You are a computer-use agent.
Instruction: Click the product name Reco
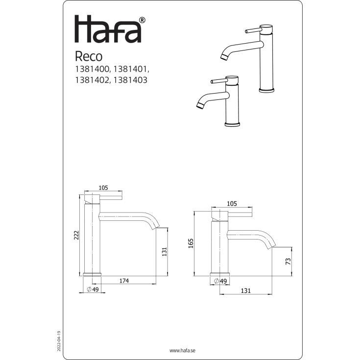click(x=89, y=56)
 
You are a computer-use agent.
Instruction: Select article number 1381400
click(x=92, y=69)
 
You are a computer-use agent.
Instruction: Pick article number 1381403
click(x=130, y=80)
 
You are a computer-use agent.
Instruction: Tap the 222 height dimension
click(x=76, y=235)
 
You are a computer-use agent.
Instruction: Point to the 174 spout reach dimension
click(x=124, y=281)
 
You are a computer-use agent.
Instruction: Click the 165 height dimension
click(x=191, y=243)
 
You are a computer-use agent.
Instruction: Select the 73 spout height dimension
click(x=288, y=261)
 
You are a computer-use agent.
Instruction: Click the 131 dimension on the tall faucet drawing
click(x=165, y=252)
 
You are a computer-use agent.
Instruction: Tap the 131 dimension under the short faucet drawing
click(x=246, y=290)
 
